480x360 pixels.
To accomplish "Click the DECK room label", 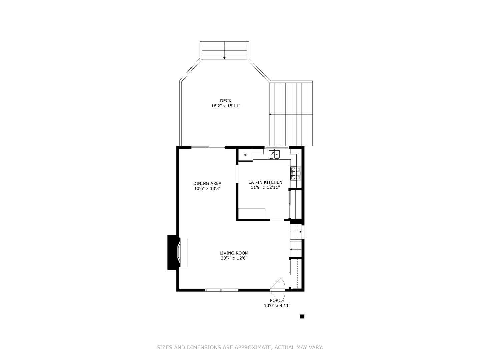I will tap(225, 101).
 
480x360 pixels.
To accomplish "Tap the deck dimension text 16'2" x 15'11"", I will tap(225, 106).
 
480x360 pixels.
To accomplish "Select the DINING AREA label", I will tap(207, 183).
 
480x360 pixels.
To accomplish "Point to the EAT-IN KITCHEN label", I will tap(265, 182).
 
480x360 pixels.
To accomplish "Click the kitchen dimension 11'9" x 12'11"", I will tap(265, 188).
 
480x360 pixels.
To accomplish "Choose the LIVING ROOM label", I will tap(234, 253).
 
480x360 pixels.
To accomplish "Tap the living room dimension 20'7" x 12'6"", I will tap(234, 258).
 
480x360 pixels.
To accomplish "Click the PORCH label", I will tap(277, 300).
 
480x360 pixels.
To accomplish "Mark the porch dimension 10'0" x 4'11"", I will tap(277, 306).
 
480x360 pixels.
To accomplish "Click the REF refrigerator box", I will tap(246, 155).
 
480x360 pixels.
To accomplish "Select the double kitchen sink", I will tap(274, 154).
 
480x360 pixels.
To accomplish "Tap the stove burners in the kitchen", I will tap(294, 173).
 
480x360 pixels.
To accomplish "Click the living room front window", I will tap(222, 290).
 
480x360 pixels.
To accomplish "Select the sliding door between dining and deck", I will tap(208, 147).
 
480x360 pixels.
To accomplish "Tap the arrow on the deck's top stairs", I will tap(224, 58).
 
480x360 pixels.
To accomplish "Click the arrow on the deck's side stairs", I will tap(271, 114).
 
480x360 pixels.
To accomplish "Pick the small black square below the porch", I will tap(302, 316).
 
